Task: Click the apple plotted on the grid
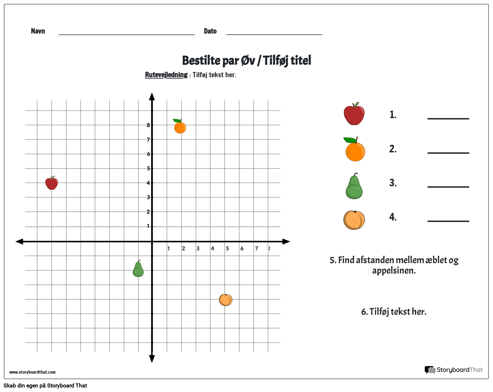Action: click(52, 183)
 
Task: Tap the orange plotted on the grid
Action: click(180, 127)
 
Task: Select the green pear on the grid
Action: click(138, 269)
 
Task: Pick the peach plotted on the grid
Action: click(226, 300)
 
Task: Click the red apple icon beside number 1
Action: click(354, 114)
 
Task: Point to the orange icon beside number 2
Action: click(355, 150)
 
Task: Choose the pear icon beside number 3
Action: click(354, 187)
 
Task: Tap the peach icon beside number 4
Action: click(354, 220)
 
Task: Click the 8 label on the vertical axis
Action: click(148, 125)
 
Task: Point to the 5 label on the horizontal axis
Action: click(227, 248)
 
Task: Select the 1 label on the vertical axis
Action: click(148, 226)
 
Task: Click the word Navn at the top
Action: click(38, 31)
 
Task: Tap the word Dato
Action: click(210, 31)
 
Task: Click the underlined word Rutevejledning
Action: click(166, 75)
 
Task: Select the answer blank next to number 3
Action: click(448, 186)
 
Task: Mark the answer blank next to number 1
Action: click(448, 118)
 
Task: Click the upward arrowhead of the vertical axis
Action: click(152, 97)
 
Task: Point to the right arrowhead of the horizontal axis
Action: click(286, 241)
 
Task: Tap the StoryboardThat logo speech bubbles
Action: click(430, 370)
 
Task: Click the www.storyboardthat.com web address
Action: click(32, 372)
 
